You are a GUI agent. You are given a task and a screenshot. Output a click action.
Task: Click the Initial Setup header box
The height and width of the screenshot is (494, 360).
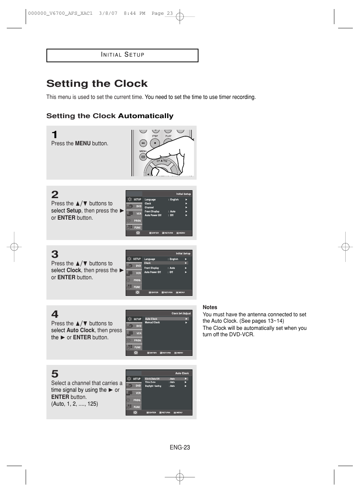(122, 55)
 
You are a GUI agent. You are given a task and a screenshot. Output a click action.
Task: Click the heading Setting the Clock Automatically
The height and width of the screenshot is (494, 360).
(110, 116)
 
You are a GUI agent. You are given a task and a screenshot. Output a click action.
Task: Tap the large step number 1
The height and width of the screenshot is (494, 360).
(55, 135)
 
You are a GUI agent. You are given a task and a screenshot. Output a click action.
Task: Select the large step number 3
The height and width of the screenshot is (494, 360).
(55, 254)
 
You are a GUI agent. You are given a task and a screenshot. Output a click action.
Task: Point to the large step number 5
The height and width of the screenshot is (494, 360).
(55, 374)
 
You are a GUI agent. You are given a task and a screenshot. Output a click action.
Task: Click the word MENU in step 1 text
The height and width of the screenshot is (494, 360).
(83, 143)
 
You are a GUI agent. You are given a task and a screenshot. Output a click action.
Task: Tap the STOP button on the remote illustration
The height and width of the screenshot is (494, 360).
(155, 143)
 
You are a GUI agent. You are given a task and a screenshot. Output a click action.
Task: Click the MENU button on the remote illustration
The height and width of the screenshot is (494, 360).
(143, 156)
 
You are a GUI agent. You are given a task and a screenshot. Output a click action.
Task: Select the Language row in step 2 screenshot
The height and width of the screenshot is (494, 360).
(150, 200)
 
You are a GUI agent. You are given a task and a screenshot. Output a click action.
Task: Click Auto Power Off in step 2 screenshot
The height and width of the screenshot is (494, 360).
(153, 215)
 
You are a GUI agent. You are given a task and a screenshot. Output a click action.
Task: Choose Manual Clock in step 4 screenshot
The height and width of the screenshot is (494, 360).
(152, 323)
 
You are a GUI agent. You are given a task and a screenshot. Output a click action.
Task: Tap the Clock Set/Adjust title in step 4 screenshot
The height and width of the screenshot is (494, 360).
(181, 313)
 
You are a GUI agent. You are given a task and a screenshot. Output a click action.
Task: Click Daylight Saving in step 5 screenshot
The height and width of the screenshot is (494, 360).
(153, 386)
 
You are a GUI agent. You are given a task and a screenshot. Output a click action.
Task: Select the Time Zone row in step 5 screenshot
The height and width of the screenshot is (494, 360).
(150, 382)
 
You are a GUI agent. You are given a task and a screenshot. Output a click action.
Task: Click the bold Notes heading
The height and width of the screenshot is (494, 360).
(210, 307)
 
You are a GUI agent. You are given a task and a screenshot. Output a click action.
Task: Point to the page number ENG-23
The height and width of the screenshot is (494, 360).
(180, 447)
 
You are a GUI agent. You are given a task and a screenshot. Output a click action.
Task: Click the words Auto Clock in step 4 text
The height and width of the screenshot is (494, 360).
(80, 330)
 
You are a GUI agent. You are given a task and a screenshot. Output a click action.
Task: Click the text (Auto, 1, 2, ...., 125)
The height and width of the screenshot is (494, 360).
(74, 404)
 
